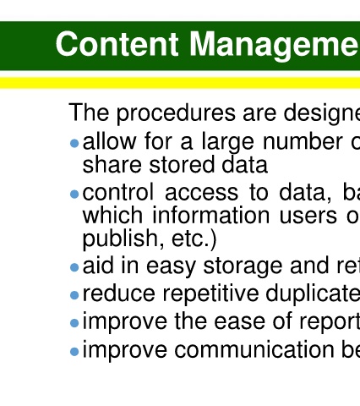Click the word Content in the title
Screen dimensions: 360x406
(x=117, y=44)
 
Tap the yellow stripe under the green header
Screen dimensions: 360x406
(x=180, y=83)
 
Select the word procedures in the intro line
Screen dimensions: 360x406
(x=177, y=113)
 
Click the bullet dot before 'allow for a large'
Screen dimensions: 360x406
(x=74, y=144)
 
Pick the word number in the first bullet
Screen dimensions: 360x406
(x=303, y=141)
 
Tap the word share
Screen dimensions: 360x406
(x=112, y=165)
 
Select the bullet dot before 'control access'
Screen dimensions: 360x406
(x=74, y=194)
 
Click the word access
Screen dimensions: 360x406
(x=202, y=193)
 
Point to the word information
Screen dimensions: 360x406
(x=211, y=216)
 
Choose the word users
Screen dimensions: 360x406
(x=308, y=217)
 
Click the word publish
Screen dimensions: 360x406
(x=123, y=239)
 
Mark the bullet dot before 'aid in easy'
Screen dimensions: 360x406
(x=74, y=267)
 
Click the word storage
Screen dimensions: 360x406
(x=243, y=266)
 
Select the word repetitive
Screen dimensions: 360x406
(x=210, y=294)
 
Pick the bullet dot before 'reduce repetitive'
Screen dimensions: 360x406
(x=74, y=295)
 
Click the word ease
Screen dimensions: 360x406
(x=240, y=322)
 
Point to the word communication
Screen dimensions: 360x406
(x=254, y=350)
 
